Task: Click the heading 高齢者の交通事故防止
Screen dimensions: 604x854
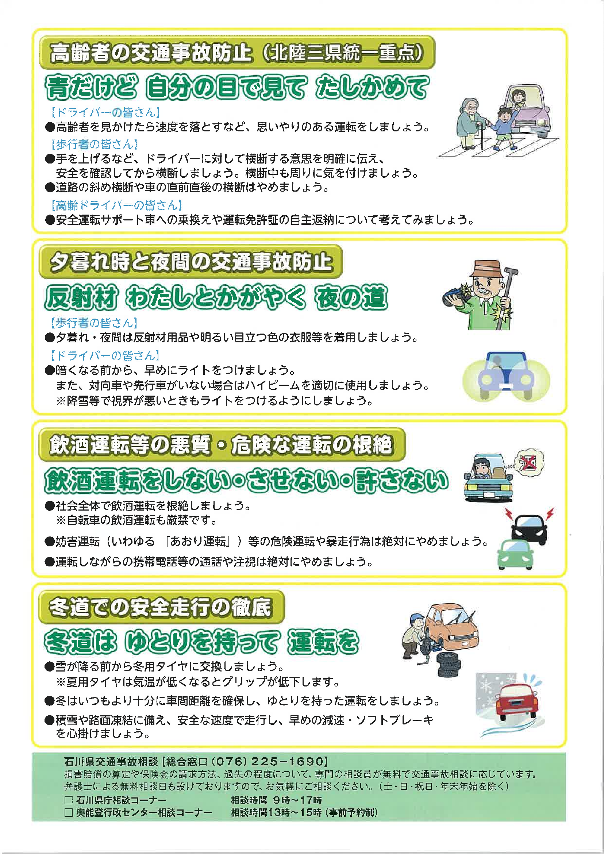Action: (x=151, y=53)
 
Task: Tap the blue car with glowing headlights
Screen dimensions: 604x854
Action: (x=506, y=376)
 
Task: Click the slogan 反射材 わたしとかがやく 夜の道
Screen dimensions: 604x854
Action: (x=216, y=297)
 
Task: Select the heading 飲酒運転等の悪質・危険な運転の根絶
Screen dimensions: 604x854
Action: (x=221, y=445)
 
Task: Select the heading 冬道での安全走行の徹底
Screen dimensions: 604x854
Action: (x=161, y=607)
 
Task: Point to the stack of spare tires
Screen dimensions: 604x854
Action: (x=449, y=664)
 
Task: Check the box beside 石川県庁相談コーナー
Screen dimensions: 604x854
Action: (x=69, y=800)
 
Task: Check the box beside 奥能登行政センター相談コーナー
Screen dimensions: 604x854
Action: (x=69, y=812)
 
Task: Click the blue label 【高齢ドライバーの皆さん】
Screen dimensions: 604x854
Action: (x=117, y=205)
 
